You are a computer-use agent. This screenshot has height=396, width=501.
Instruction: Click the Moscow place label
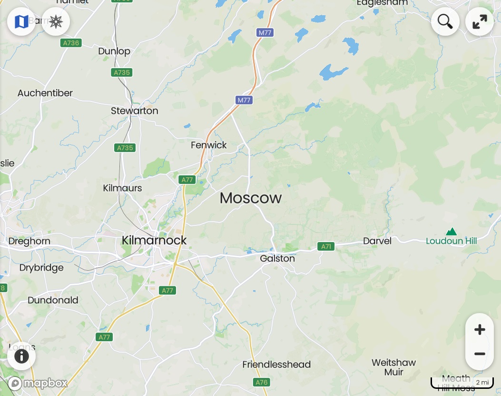(x=251, y=198)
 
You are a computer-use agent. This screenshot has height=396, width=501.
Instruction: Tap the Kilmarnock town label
(x=154, y=240)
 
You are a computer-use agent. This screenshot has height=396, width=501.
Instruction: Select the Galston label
(x=277, y=259)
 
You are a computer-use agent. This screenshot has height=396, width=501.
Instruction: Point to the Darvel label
(x=377, y=241)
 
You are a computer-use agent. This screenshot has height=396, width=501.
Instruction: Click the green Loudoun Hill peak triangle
(x=451, y=232)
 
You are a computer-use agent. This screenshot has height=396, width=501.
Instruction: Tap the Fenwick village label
(x=209, y=145)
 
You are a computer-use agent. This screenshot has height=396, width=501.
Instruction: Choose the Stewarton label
(x=135, y=111)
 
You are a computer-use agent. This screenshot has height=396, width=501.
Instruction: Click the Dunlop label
(x=114, y=51)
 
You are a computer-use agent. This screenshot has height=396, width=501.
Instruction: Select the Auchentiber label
(x=45, y=93)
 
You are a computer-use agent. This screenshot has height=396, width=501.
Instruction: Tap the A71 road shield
(x=326, y=246)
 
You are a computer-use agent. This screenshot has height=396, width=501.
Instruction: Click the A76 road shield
(x=262, y=382)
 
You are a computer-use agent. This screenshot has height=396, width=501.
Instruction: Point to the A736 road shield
(x=71, y=43)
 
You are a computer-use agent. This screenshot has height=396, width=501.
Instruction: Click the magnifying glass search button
(x=445, y=21)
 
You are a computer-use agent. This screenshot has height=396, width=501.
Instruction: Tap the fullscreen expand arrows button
(x=479, y=21)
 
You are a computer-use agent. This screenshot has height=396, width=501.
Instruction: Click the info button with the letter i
(x=21, y=356)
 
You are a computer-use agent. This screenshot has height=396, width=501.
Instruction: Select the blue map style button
(x=21, y=21)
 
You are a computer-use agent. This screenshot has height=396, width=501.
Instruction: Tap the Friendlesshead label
(x=276, y=365)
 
